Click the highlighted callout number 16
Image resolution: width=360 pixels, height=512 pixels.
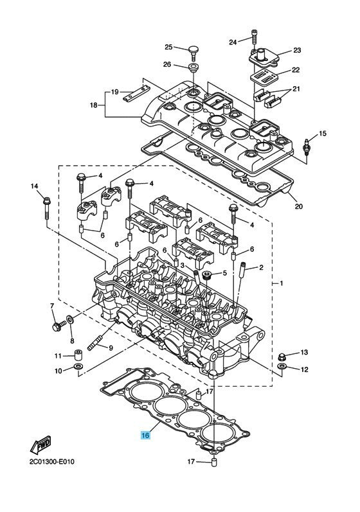pyautogui.click(x=145, y=435)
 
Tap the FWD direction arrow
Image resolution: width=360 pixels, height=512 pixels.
pyautogui.click(x=41, y=445)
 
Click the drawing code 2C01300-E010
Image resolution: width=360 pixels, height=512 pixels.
pyautogui.click(x=51, y=462)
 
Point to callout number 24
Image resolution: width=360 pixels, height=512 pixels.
pyautogui.click(x=233, y=42)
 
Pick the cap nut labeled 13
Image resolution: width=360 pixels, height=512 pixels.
pyautogui.click(x=282, y=356)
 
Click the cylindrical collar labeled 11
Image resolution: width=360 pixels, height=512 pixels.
pyautogui.click(x=78, y=355)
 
